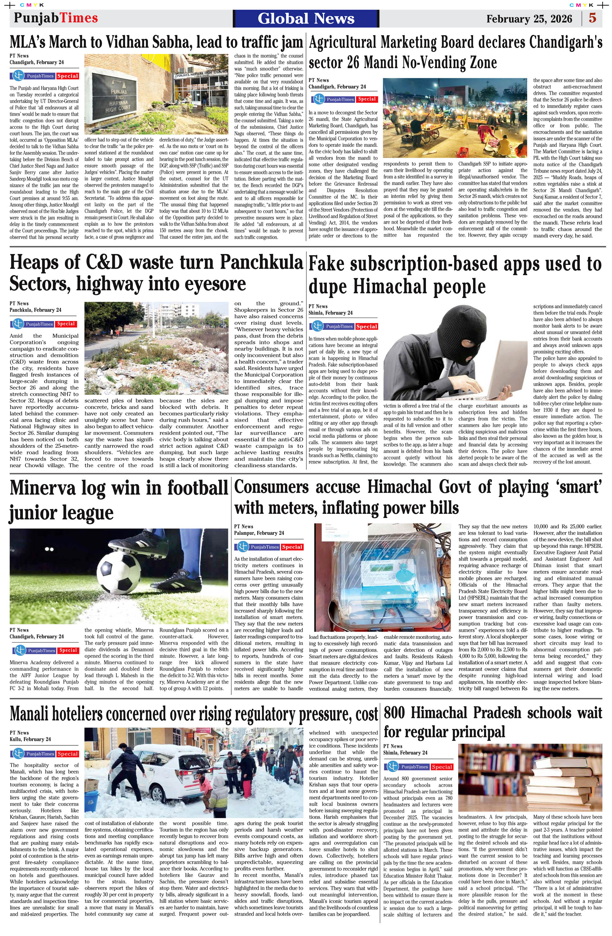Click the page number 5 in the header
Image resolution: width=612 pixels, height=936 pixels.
[592, 18]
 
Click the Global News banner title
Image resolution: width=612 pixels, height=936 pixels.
[306, 18]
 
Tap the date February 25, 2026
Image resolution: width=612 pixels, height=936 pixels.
[529, 19]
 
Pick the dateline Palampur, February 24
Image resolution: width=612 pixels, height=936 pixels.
[259, 533]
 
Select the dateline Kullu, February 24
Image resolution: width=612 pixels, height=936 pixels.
[30, 739]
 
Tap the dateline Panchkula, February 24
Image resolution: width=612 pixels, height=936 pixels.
[35, 310]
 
